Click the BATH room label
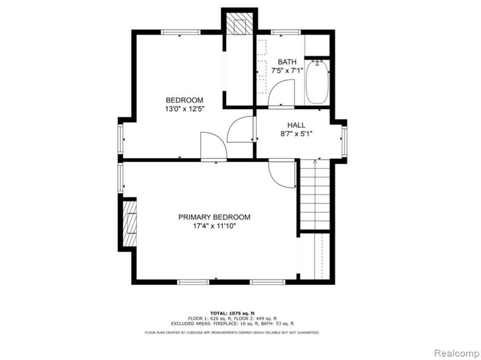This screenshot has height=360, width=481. [287, 62]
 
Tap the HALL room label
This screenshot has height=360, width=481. [296, 125]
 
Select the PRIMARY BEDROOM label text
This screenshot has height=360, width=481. [214, 217]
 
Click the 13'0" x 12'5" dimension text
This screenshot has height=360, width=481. [184, 109]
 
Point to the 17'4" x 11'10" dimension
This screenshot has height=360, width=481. [214, 227]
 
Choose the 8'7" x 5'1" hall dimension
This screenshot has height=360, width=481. [296, 134]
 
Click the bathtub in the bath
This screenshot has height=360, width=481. [317, 82]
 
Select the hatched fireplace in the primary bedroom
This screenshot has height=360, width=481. [130, 224]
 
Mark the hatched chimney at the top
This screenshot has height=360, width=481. [239, 23]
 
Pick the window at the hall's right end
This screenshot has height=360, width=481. [344, 141]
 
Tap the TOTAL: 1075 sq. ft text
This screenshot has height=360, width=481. [232, 313]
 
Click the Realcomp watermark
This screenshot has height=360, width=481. [456, 353]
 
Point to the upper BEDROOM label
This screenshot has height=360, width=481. [184, 100]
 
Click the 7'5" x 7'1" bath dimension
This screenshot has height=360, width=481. [287, 71]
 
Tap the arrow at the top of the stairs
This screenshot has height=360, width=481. [315, 161]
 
